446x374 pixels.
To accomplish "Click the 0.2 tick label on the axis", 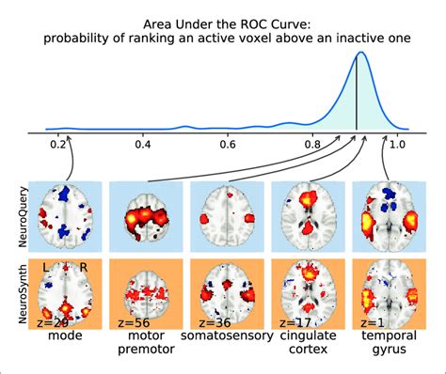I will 58,145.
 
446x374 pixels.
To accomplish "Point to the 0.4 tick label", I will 143,145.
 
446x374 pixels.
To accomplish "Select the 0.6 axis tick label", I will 228,145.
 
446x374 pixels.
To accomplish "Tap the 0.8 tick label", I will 312,145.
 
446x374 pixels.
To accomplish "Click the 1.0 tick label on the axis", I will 397,145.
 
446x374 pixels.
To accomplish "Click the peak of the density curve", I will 358,54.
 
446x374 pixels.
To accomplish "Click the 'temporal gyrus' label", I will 385,344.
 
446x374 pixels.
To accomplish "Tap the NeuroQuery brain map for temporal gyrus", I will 385,215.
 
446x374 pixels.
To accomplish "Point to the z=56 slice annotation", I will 135,321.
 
